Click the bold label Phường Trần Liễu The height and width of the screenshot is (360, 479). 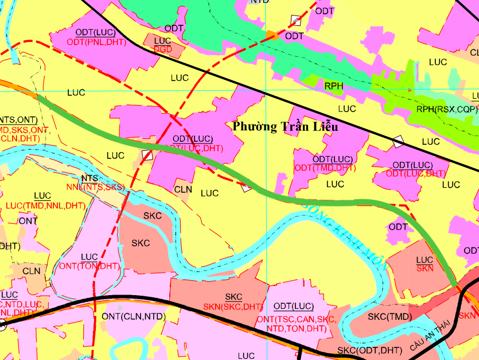(x=285, y=127)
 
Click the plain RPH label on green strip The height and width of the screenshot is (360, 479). (x=333, y=86)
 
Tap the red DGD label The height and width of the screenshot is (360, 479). (x=163, y=49)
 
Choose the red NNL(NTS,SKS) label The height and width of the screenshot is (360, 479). (x=95, y=187)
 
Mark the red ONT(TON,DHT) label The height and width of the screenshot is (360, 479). (x=89, y=266)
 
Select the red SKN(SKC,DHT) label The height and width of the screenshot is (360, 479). (x=233, y=307)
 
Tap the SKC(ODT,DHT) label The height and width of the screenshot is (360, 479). (x=369, y=350)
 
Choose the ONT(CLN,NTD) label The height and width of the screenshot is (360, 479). (x=133, y=316)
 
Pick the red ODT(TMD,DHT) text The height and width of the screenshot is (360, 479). (x=325, y=168)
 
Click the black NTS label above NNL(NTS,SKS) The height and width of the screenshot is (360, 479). (x=89, y=179)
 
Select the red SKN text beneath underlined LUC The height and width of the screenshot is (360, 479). (x=425, y=268)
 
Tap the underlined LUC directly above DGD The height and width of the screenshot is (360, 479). (x=162, y=41)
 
